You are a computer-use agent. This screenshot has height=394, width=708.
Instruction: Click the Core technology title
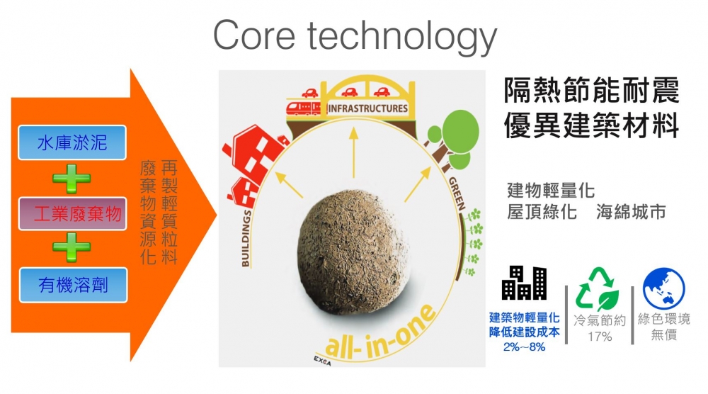(x=355, y=36)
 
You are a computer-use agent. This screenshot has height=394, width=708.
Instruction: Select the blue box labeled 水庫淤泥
(x=72, y=142)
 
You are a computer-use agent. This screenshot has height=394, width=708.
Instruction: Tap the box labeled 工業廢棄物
(x=72, y=214)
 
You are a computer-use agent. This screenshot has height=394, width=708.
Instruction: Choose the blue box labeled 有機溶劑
(x=73, y=285)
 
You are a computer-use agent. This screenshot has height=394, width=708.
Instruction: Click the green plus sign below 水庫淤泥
(x=72, y=179)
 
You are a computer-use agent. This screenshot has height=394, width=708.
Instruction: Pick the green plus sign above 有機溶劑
(x=72, y=247)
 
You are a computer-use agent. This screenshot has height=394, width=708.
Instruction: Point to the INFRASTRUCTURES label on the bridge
(x=367, y=108)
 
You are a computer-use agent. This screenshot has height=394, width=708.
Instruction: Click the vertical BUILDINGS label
(x=246, y=238)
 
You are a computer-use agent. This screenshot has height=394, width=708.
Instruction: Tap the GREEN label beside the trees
(x=457, y=194)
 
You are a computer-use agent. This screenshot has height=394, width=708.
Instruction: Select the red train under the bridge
(x=303, y=108)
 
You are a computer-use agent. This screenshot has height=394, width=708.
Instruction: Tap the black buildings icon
(x=524, y=283)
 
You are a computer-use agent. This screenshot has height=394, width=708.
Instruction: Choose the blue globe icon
(x=664, y=288)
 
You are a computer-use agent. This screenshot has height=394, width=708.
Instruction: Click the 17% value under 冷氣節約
(x=600, y=337)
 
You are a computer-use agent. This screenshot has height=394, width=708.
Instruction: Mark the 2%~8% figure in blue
(x=524, y=347)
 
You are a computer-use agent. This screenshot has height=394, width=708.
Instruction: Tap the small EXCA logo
(x=322, y=361)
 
